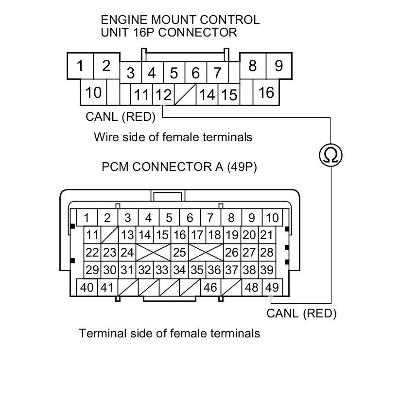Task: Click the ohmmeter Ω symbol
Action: [x=331, y=155]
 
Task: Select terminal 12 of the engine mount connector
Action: [x=163, y=94]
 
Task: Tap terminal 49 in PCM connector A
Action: [x=272, y=287]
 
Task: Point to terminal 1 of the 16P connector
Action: [x=80, y=66]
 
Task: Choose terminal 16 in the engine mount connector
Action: [x=266, y=92]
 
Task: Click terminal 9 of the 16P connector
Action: [x=279, y=66]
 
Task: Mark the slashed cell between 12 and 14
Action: [x=185, y=94]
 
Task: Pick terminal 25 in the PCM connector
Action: [x=179, y=253]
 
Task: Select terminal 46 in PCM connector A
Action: [x=210, y=287]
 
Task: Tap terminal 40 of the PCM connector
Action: [x=87, y=287]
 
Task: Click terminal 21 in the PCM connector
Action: [x=266, y=235]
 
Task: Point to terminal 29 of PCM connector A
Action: [x=92, y=270]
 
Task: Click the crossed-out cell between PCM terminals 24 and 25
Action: [x=153, y=253]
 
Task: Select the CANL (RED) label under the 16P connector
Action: [x=121, y=117]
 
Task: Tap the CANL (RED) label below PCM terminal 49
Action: [x=301, y=313]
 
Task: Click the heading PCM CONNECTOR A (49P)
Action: [x=179, y=167]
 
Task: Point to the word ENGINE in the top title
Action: [x=123, y=20]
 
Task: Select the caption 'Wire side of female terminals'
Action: [x=173, y=137]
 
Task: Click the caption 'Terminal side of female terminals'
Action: [x=169, y=334]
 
